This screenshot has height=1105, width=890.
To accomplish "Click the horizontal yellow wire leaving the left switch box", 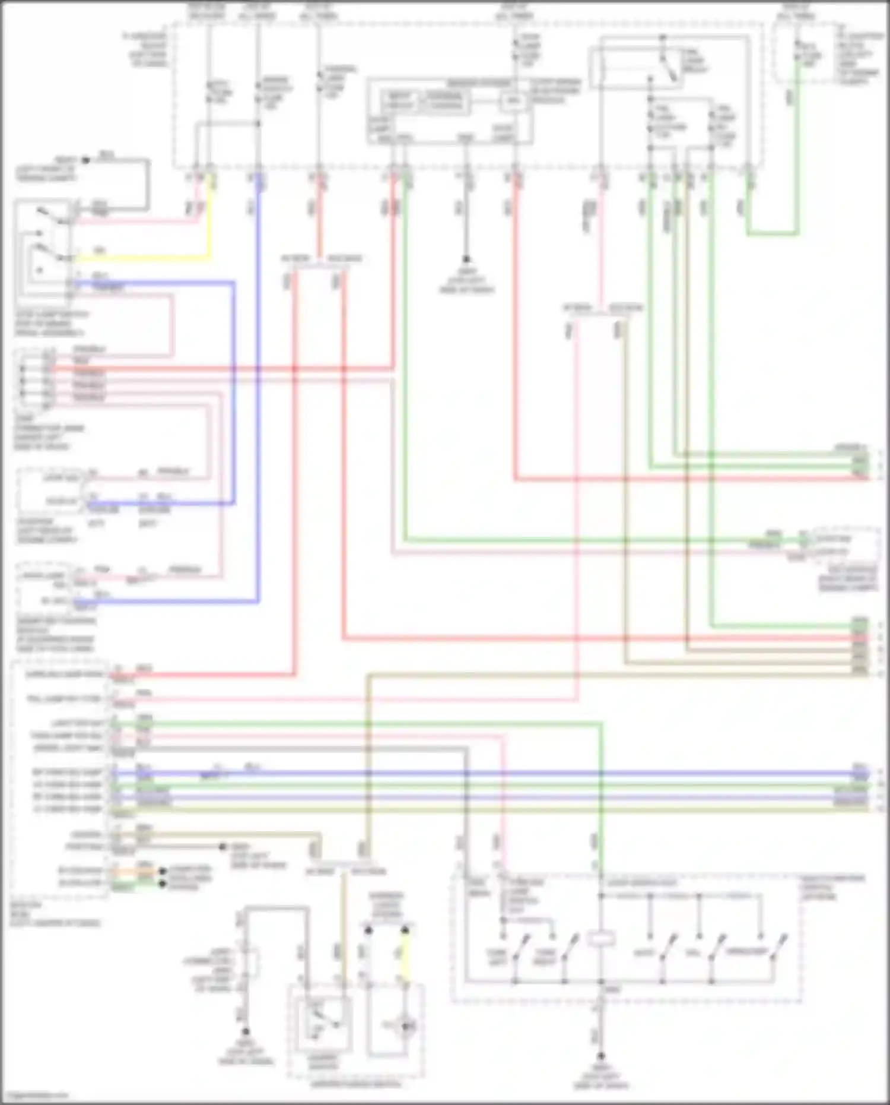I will click(x=142, y=259).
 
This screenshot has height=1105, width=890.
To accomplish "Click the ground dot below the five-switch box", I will click(x=600, y=1056).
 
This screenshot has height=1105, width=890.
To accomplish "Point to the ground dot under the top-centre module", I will click(x=466, y=259).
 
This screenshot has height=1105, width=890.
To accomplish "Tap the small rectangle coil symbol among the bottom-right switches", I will click(x=600, y=939).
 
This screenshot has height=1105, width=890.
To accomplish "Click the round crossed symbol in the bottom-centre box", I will click(x=406, y=1026).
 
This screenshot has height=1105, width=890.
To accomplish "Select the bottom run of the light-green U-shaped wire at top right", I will click(x=771, y=234).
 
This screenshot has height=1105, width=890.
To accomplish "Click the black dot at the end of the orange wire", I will click(x=161, y=871).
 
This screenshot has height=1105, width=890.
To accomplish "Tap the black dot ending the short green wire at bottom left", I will click(x=161, y=884).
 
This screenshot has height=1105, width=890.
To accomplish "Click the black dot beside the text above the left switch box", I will click(x=85, y=160).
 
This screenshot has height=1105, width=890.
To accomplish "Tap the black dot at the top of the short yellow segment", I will click(x=405, y=930).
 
